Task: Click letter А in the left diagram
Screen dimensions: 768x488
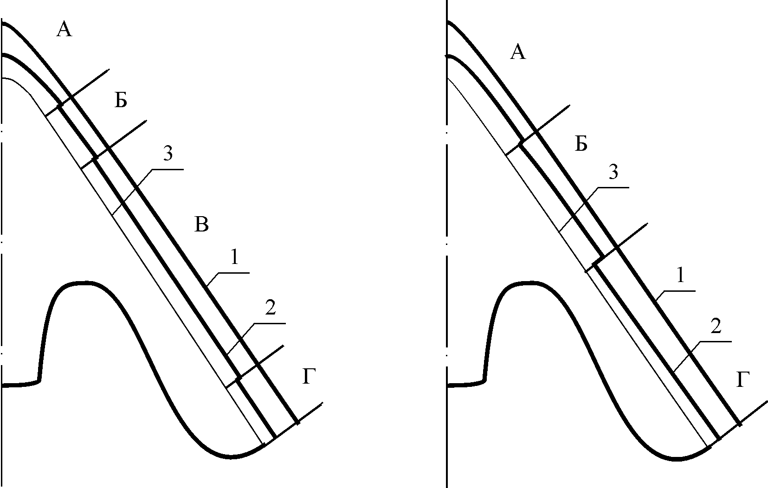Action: pyautogui.click(x=65, y=29)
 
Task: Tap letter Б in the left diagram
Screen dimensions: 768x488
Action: pyautogui.click(x=121, y=101)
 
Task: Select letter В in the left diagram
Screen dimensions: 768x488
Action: pyautogui.click(x=201, y=225)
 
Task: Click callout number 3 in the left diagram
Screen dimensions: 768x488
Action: pyautogui.click(x=168, y=153)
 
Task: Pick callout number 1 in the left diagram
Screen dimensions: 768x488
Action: pyautogui.click(x=234, y=257)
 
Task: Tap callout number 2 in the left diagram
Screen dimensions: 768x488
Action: pyautogui.click(x=271, y=308)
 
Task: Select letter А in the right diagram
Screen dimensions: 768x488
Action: pyautogui.click(x=518, y=53)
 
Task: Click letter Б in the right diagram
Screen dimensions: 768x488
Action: pyautogui.click(x=581, y=143)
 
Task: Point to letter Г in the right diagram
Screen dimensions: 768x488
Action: pyautogui.click(x=742, y=380)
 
